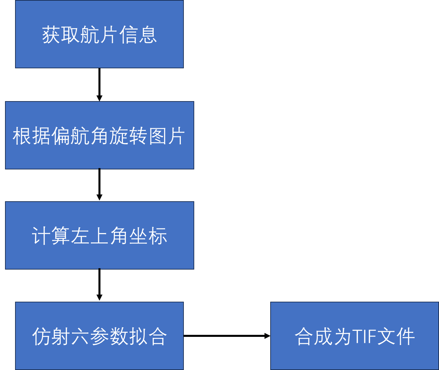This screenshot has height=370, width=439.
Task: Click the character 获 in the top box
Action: tap(51, 34)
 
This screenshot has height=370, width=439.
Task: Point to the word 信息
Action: tap(138, 34)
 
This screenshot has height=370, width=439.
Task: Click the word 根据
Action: tap(32, 136)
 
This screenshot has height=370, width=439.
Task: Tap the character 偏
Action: tap(61, 136)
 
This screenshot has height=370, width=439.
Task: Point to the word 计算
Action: tap(51, 236)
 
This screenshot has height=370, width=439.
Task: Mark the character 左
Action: tap(80, 236)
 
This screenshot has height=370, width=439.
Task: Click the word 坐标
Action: tap(148, 236)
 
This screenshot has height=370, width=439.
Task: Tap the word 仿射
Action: tap(51, 336)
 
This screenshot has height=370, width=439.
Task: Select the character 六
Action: tap(80, 336)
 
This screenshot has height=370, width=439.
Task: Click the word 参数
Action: tap(109, 336)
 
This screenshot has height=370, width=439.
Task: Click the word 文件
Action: tap(395, 336)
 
